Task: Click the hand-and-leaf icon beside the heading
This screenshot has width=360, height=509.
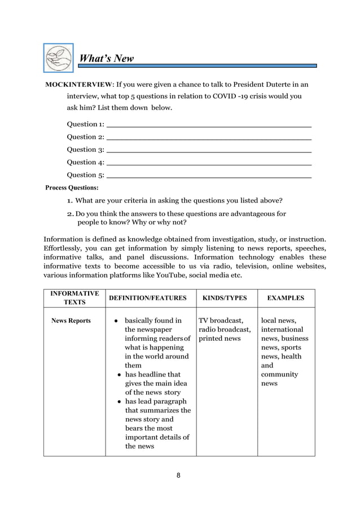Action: (x=59, y=58)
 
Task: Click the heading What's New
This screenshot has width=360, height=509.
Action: (x=106, y=59)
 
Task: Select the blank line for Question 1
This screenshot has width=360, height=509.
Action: (x=209, y=124)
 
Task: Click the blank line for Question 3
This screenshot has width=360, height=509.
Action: (x=209, y=150)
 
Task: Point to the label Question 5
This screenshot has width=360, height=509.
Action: (x=85, y=175)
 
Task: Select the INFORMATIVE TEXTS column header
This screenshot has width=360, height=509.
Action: (x=74, y=298)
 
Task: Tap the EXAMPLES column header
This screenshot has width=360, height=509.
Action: (x=286, y=298)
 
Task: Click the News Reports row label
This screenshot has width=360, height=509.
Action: (x=71, y=321)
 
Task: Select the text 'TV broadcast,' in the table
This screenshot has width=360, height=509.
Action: (x=221, y=321)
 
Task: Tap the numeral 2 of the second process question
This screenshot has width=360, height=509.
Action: (x=69, y=214)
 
